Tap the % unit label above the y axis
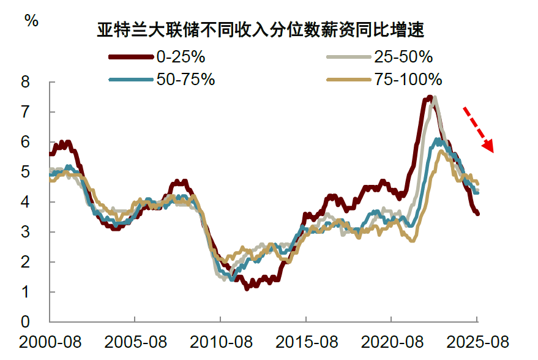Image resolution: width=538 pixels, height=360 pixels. click(x=31, y=20)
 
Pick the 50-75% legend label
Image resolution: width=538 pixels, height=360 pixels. click(x=185, y=80)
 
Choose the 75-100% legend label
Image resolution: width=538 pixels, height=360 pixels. click(x=408, y=80)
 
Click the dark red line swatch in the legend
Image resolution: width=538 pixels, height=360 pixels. click(x=130, y=58)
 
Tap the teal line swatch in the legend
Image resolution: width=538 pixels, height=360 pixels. click(x=130, y=80)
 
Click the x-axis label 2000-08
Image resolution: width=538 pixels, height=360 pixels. click(x=51, y=341)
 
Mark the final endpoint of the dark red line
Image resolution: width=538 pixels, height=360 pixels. click(x=477, y=213)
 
